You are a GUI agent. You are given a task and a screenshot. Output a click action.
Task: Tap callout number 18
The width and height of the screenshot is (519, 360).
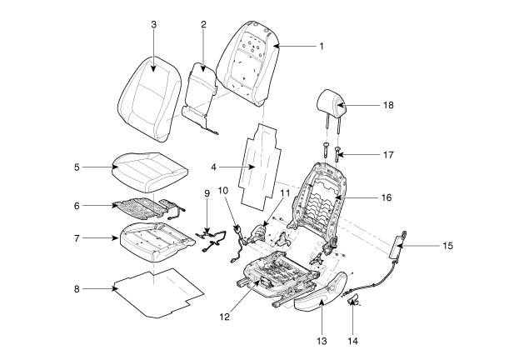pos(389,106)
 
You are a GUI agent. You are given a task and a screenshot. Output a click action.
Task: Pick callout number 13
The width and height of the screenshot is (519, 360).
pos(322,341)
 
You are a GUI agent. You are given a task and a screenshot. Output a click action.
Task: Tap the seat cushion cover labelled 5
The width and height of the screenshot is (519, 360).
pos(146,169)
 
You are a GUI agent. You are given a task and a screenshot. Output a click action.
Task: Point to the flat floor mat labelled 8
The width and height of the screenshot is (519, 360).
pos(158,292)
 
